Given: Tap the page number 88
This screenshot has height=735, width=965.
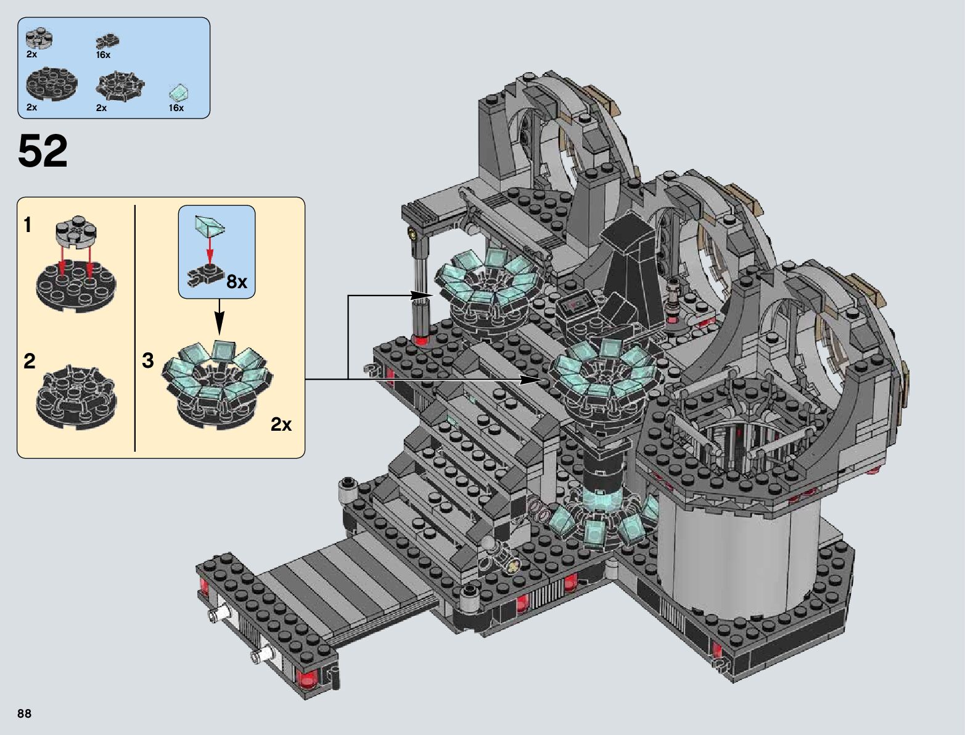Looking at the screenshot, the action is (24, 713).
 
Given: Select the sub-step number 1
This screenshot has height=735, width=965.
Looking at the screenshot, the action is (28, 225).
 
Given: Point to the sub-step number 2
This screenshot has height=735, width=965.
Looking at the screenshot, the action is (29, 361).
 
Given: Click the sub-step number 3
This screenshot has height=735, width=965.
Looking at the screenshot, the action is (148, 360).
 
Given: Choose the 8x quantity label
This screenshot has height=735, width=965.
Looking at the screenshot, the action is (237, 281).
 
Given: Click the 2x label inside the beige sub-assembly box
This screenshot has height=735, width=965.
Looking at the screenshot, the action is (281, 424).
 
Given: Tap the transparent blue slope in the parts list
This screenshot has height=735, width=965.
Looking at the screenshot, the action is (179, 93).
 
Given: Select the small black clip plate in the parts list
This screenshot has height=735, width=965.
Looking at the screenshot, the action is (107, 41).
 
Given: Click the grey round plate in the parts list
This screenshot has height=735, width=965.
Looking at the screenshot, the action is (39, 39).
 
